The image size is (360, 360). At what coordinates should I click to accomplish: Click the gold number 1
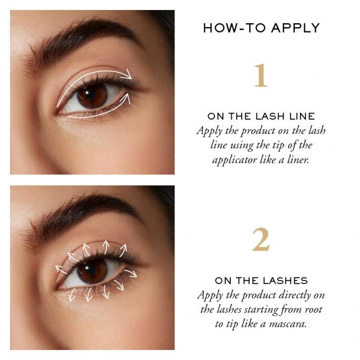tap(261, 75)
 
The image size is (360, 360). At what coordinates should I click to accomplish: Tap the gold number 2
tap(261, 240)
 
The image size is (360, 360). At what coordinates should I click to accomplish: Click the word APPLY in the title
tap(295, 28)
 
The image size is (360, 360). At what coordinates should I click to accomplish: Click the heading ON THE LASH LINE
tap(261, 116)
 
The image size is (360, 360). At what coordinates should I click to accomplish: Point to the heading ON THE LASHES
tap(261, 281)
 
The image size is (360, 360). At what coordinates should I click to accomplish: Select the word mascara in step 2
tap(287, 324)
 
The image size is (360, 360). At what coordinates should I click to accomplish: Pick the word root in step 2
tap(313, 310)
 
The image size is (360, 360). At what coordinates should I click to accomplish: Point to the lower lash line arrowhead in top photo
tap(126, 98)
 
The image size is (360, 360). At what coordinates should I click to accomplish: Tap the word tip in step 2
tap(232, 324)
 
